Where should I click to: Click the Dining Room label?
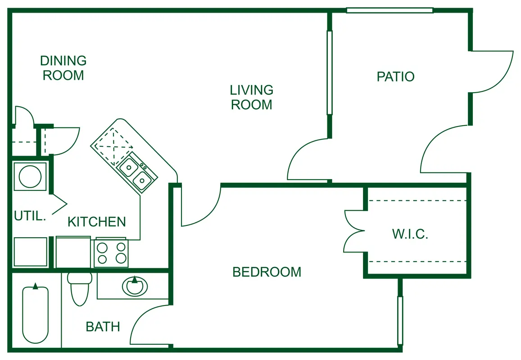[x=63, y=68]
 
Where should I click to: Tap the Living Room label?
[x=252, y=97]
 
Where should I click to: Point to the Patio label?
[x=395, y=76]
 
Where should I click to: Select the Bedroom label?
[x=267, y=272]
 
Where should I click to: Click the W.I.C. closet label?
[x=410, y=234]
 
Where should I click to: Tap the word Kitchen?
[x=97, y=222]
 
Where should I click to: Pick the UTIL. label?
[x=30, y=216]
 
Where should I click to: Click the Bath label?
[x=103, y=327]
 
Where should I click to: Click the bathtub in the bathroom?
[x=35, y=313]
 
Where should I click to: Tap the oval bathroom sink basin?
[x=135, y=286]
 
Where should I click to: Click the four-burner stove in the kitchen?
[x=111, y=253]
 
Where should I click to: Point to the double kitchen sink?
[x=137, y=173]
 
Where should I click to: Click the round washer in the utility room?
[x=30, y=176]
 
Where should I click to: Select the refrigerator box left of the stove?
[x=73, y=252]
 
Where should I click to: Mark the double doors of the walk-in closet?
[x=354, y=231]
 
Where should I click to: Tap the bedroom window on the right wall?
[x=400, y=320]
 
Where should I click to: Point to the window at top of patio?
[x=390, y=10]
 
